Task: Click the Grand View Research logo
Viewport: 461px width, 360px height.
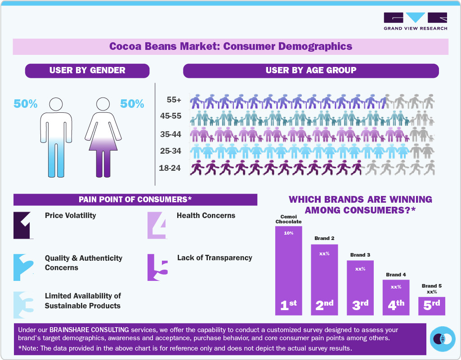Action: (x=415, y=22)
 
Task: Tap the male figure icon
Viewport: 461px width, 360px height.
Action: (x=56, y=137)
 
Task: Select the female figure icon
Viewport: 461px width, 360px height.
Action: (x=104, y=137)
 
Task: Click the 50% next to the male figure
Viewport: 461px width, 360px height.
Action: (x=26, y=104)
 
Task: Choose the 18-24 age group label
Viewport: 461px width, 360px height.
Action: (x=170, y=168)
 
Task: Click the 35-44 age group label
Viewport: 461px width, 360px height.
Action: (x=170, y=134)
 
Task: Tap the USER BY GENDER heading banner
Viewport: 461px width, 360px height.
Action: (x=87, y=71)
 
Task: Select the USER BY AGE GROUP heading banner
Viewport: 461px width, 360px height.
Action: (x=311, y=71)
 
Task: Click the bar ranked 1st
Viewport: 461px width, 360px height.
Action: (x=289, y=270)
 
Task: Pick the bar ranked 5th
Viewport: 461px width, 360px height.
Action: (x=432, y=306)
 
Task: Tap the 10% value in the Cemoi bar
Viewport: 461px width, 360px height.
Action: (x=288, y=233)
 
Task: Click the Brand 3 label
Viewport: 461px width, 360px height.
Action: (x=360, y=255)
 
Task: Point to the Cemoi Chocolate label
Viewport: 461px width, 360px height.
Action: (x=288, y=219)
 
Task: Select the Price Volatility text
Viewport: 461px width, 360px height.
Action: (x=71, y=215)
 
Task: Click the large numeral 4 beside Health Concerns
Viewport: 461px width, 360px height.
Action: (x=157, y=225)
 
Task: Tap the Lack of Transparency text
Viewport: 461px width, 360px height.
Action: (x=215, y=258)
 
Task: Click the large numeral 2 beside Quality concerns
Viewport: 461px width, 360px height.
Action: (x=22, y=268)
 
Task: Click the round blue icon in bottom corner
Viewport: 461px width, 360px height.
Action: (x=443, y=338)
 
